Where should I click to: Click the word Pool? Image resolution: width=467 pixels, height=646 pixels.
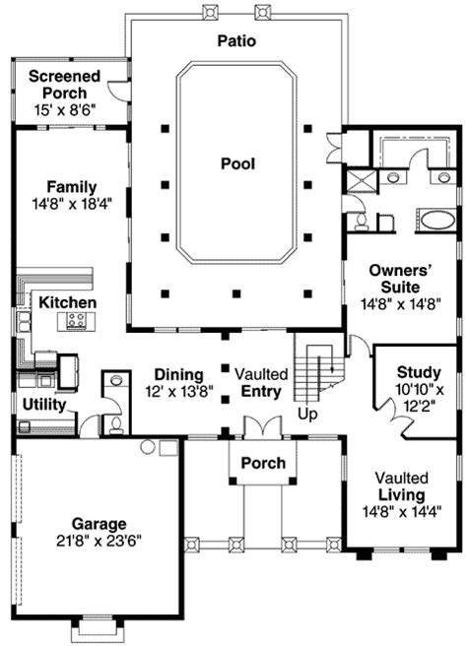(237, 164)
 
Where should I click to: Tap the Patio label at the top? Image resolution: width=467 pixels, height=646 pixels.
(236, 41)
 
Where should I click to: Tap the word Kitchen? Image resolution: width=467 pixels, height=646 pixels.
(67, 302)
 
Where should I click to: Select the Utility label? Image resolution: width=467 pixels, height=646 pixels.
(44, 405)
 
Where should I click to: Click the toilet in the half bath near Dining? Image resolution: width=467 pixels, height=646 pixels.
(115, 422)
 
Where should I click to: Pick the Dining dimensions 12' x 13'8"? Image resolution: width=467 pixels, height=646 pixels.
(177, 391)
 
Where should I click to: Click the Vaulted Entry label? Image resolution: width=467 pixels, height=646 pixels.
(261, 383)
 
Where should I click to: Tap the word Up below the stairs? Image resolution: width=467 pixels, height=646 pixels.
(307, 415)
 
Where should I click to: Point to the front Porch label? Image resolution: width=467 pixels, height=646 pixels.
(263, 463)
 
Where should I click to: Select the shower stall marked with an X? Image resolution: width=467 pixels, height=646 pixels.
(360, 180)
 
